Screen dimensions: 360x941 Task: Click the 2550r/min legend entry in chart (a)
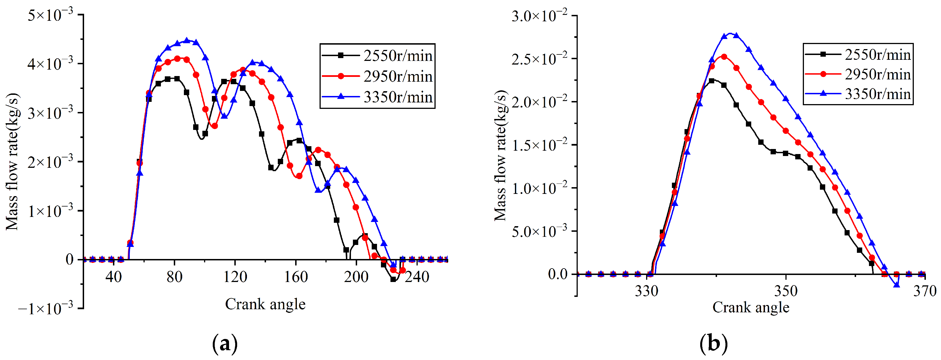click(397, 56)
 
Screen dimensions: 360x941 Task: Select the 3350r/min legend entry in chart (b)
click(877, 94)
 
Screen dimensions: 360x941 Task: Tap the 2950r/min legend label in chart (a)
click(397, 76)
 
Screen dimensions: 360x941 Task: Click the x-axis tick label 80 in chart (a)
click(174, 277)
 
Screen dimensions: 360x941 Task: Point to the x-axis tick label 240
click(417, 277)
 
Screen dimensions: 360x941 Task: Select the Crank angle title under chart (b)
click(750, 307)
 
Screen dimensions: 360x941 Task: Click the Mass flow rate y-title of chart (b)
click(500, 156)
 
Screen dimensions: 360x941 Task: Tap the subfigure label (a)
click(225, 343)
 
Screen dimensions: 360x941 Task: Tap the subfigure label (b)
click(713, 343)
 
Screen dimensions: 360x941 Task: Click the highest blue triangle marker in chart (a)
click(187, 40)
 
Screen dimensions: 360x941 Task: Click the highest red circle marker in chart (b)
click(724, 57)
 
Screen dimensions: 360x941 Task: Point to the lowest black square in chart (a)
click(393, 279)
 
